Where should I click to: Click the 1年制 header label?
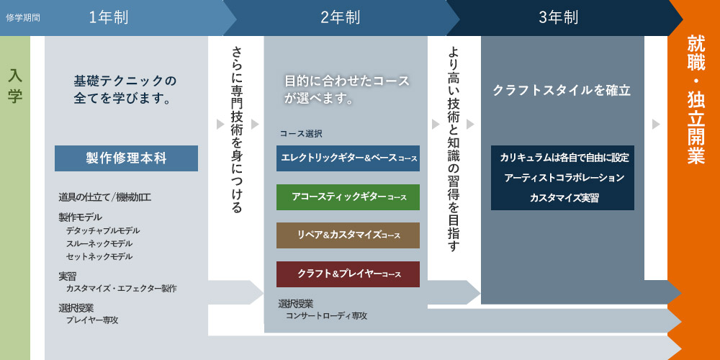(109, 18)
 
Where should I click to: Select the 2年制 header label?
(341, 18)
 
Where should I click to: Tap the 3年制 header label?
(559, 18)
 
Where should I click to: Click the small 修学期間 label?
(23, 19)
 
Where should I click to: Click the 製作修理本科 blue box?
(126, 158)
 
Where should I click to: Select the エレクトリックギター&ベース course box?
(348, 158)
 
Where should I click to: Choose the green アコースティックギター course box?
(348, 197)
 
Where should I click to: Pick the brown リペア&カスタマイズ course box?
(348, 235)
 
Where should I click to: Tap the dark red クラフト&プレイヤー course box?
(348, 274)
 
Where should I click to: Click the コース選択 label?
(301, 134)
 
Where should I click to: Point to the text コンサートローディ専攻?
(326, 316)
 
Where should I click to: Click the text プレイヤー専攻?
(92, 320)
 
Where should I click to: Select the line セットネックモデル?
(99, 256)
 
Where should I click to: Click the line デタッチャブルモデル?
(103, 230)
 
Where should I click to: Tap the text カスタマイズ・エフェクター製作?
(121, 289)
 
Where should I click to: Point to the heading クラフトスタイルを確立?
(562, 91)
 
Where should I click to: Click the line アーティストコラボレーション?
(564, 178)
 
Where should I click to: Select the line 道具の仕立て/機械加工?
(105, 198)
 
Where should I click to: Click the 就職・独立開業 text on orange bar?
(696, 99)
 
